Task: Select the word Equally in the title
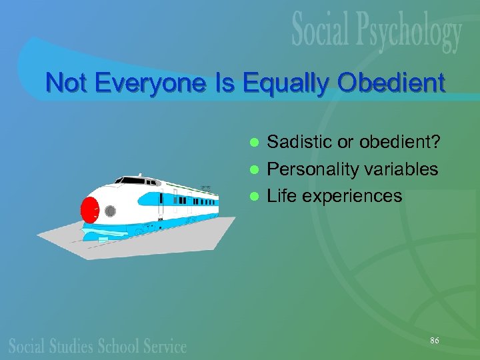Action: tap(275, 85)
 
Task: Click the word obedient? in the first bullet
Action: tap(399, 141)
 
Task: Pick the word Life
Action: tap(281, 196)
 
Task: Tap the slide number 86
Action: tap(434, 341)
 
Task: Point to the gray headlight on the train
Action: tap(110, 211)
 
